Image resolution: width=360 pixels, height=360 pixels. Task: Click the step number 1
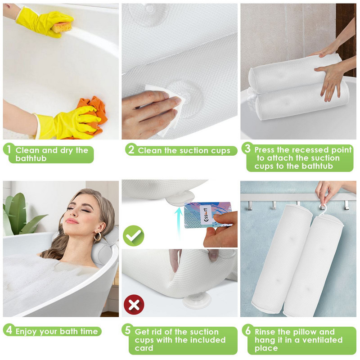pyautogui.click(x=9, y=149)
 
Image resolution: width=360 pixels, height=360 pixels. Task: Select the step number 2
pyautogui.click(x=131, y=150)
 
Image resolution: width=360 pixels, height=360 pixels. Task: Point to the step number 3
pyautogui.click(x=247, y=148)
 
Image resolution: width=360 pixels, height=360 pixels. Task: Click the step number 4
pyautogui.click(x=9, y=330)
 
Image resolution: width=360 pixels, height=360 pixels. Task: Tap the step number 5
pyautogui.click(x=128, y=330)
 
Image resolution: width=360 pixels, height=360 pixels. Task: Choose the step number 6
pyautogui.click(x=248, y=331)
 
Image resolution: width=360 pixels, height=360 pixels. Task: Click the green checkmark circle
pyautogui.click(x=133, y=236)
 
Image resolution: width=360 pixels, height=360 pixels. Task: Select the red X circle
pyautogui.click(x=134, y=305)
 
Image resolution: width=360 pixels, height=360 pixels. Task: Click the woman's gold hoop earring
pyautogui.click(x=97, y=237)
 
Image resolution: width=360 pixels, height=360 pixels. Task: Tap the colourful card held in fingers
pyautogui.click(x=207, y=215)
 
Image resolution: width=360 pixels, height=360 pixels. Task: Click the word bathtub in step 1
pyautogui.click(x=31, y=158)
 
